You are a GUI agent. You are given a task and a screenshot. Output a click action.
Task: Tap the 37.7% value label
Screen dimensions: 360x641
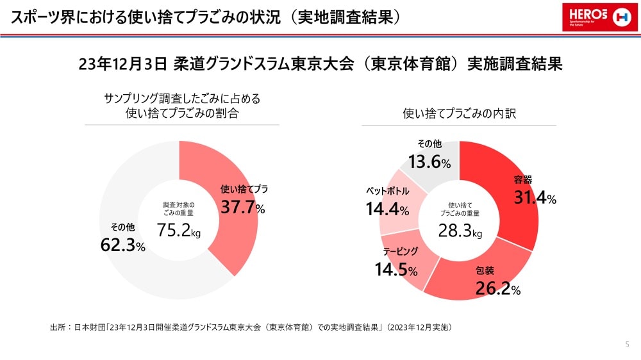coord(243,207)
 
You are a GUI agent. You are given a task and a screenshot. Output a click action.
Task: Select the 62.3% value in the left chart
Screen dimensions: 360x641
coord(123,244)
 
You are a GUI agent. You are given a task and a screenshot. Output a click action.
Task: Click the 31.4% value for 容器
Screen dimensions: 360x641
coord(535,198)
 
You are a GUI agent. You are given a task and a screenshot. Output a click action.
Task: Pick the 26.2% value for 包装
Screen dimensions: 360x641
coord(497,289)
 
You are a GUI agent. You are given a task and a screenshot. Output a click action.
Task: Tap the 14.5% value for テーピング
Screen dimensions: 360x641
coord(396,270)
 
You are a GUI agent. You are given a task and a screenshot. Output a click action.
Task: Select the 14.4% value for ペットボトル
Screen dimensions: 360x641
coord(387,209)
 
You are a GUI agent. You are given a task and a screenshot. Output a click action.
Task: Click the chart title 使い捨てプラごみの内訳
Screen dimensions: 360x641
coord(460,113)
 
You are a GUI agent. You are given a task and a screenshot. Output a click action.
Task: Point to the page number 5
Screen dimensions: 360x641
coord(626,345)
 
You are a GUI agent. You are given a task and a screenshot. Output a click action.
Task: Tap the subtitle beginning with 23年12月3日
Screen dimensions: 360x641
coord(320,65)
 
